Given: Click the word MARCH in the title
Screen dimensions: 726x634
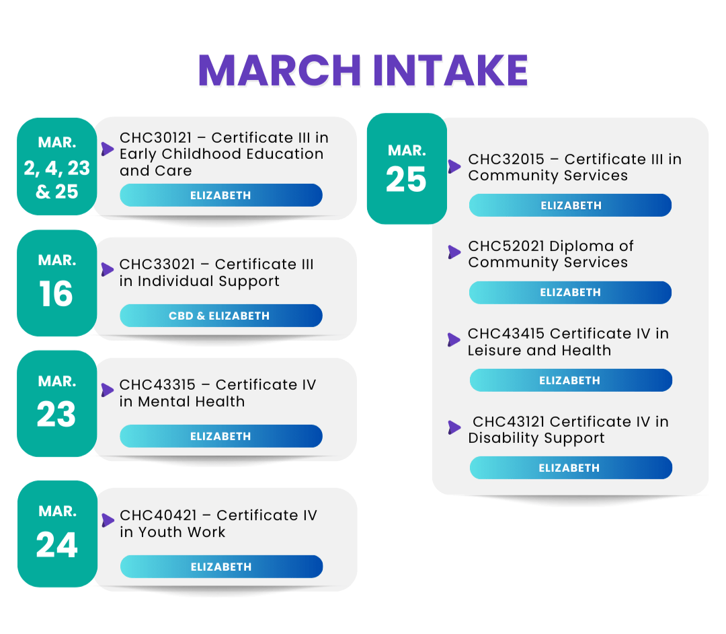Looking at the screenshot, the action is tap(280, 71).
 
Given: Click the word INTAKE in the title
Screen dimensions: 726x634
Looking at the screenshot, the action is tap(450, 71).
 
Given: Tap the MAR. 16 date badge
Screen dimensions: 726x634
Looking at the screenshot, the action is tap(57, 283).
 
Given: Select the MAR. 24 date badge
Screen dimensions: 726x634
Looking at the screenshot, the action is tap(57, 534).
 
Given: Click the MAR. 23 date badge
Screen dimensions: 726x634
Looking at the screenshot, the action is tap(57, 404).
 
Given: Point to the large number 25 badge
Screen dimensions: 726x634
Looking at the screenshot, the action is tap(407, 169).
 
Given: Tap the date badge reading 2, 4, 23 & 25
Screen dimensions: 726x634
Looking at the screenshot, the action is tap(57, 166).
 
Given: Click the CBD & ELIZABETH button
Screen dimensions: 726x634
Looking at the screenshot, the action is tap(221, 316).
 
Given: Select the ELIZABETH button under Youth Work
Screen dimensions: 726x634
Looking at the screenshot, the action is tap(221, 566).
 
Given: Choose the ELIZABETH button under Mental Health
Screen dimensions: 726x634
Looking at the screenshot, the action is tap(221, 436).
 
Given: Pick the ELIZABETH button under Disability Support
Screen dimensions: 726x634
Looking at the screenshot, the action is tap(571, 468).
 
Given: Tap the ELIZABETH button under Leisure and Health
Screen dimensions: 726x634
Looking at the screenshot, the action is tap(571, 380).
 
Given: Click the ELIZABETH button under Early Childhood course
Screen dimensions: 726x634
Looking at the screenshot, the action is tap(221, 195).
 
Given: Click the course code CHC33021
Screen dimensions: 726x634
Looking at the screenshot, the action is tap(157, 264).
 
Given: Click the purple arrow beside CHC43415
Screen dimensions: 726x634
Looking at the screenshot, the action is tap(454, 340).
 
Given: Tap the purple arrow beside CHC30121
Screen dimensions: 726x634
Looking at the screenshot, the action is tap(108, 149).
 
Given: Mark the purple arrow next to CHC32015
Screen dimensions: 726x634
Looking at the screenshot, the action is tap(454, 166).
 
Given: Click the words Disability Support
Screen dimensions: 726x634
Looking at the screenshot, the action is tap(536, 438).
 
